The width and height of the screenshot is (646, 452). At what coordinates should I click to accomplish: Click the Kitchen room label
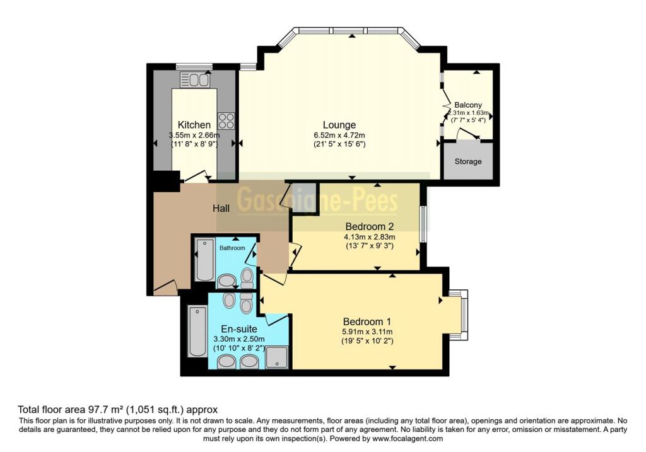coord(194,125)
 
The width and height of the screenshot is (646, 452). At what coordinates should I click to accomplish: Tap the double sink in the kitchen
coord(195,80)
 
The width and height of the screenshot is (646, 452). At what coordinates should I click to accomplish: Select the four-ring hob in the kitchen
coord(226,120)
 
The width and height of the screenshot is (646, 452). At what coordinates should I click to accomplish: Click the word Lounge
coord(339,125)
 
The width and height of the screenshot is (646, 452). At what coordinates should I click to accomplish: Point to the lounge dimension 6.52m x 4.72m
coord(339,135)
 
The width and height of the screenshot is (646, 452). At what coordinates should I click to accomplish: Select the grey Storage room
coord(468,161)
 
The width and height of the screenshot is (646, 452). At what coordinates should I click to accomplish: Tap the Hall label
coord(220,209)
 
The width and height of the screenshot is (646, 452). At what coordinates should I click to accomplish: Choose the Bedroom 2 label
coord(369,226)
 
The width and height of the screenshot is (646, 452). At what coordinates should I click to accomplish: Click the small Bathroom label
coord(232,248)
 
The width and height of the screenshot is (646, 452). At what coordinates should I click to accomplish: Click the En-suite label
coord(238,328)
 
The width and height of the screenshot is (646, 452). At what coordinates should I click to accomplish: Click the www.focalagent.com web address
coord(408,439)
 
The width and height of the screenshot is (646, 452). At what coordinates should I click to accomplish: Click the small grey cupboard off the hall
coord(303,196)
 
